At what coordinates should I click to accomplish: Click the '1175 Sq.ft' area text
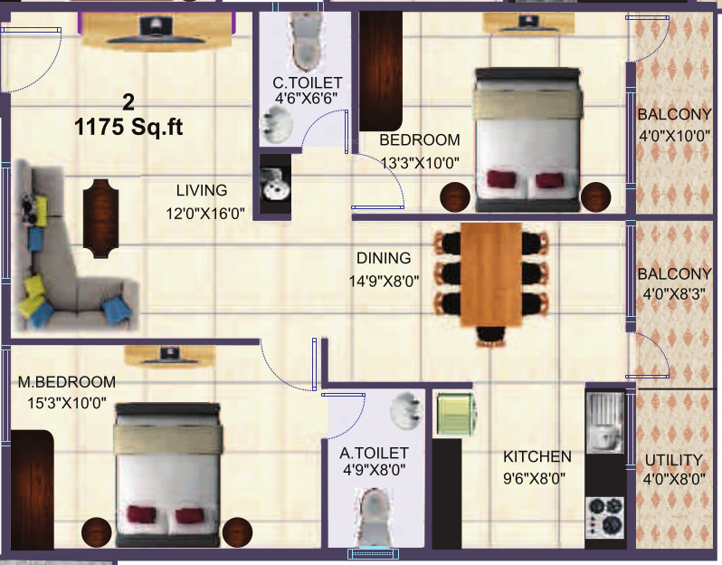pyautogui.click(x=128, y=128)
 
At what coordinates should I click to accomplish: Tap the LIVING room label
pyautogui.click(x=202, y=191)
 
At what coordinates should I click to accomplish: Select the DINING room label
pyautogui.click(x=383, y=258)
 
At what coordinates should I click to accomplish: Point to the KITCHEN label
pyautogui.click(x=537, y=456)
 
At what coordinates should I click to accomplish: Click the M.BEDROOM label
pyautogui.click(x=67, y=381)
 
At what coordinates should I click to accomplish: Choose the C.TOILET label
pyautogui.click(x=308, y=83)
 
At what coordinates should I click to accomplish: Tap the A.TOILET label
pyautogui.click(x=374, y=452)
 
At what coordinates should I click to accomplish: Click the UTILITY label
pyautogui.click(x=672, y=459)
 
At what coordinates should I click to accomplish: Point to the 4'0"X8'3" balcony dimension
pyautogui.click(x=672, y=292)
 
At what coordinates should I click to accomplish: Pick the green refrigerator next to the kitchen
pyautogui.click(x=455, y=415)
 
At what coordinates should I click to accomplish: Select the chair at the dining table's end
pyautogui.click(x=490, y=335)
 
